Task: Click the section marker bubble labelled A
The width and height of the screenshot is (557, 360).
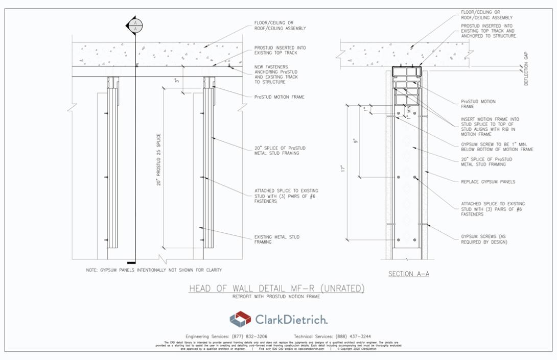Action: pos(135,26)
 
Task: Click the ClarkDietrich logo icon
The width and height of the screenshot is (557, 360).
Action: pos(240,320)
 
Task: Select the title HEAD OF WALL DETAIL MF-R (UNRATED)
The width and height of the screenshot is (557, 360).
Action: pos(276,289)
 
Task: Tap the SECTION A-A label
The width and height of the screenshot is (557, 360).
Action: pos(409,274)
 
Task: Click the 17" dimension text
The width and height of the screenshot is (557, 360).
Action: pos(344,168)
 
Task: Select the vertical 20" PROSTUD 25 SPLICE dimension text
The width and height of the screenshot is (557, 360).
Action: pos(159,160)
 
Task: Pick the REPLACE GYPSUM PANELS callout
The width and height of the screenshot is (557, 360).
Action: pos(488,181)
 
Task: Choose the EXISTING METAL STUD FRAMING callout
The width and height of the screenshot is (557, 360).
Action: pos(276,239)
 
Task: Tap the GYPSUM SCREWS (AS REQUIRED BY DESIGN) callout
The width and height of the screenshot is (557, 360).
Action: pos(484,239)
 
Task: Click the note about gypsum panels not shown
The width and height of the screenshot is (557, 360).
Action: pos(154,270)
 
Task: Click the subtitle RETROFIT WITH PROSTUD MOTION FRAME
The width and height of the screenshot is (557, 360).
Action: pos(276,297)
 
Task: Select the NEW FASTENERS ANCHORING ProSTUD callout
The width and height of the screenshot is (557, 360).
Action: pos(276,75)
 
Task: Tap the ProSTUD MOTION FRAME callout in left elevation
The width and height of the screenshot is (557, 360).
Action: pos(280,97)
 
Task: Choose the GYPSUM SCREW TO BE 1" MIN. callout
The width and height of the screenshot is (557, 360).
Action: pos(497,147)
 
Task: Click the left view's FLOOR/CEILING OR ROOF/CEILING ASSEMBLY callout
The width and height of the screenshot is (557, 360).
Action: pos(280,26)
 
